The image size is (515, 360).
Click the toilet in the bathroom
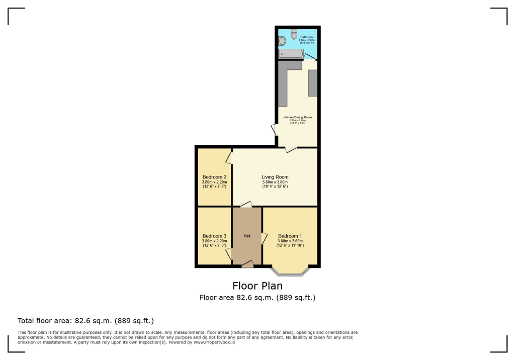294,35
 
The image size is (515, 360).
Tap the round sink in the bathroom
282,40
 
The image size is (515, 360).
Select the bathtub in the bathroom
291,54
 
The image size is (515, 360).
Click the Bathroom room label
307,37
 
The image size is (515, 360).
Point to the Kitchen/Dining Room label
297,117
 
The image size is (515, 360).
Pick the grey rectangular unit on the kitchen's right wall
313,83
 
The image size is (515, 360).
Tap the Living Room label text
275,177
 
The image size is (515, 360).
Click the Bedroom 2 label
214,177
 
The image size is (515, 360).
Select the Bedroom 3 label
214,236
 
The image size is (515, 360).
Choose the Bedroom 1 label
290,236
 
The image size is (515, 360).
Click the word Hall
247,236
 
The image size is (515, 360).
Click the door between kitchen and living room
290,149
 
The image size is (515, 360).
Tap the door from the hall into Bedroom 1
264,238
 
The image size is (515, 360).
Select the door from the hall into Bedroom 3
229,254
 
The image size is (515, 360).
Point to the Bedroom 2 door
229,158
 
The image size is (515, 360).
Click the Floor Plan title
257,286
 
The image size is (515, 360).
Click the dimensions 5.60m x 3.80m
275,182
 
